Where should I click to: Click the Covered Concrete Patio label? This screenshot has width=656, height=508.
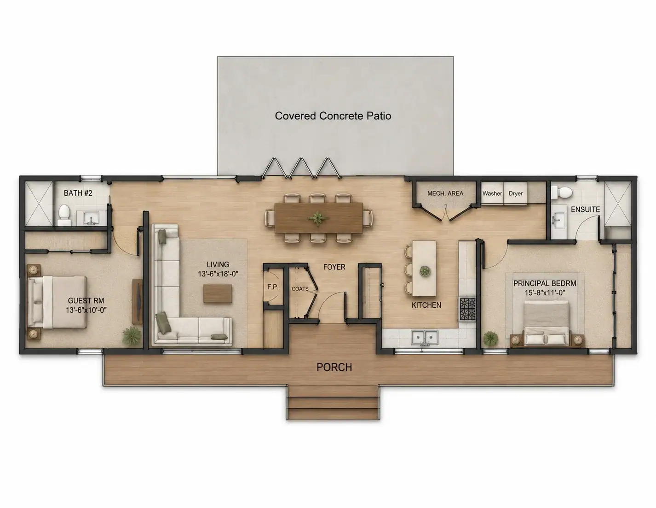(x=333, y=116)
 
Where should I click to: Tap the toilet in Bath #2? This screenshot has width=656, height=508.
(x=64, y=215)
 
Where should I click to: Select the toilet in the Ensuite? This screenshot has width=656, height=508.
(x=562, y=192)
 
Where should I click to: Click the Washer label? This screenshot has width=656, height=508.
(x=492, y=193)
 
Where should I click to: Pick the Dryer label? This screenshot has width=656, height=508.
(x=516, y=193)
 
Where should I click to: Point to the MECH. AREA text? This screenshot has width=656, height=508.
(x=445, y=193)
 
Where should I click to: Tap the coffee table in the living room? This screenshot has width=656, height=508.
(x=218, y=293)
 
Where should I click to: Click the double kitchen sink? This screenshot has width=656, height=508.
(x=425, y=337)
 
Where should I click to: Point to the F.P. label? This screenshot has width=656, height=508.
(x=273, y=287)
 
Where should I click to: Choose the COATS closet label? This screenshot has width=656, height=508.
(x=300, y=289)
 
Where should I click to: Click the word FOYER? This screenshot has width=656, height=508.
(x=334, y=267)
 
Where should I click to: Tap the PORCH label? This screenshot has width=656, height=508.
(x=334, y=368)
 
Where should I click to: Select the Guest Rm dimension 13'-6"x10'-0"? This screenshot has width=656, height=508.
(x=86, y=310)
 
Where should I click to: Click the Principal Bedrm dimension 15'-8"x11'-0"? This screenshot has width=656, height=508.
(x=545, y=293)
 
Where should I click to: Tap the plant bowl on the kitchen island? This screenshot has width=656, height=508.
(x=425, y=271)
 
